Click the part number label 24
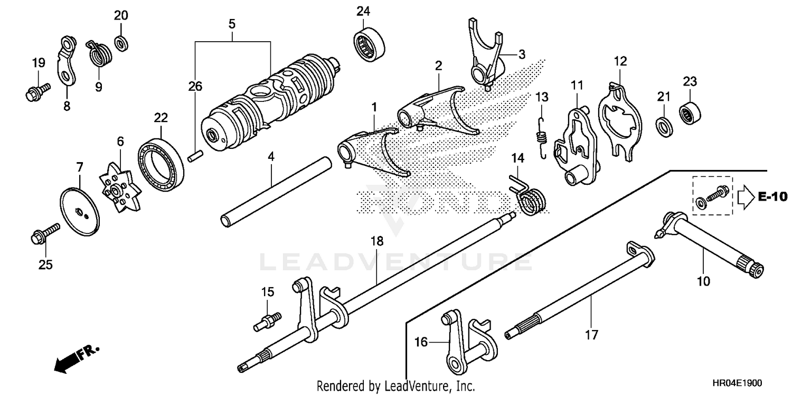tap(363, 11)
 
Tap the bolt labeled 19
tap(36, 91)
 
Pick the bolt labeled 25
tap(44, 235)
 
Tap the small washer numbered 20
tap(121, 42)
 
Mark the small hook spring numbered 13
tap(541, 137)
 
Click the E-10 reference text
tap(772, 196)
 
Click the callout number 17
tap(591, 334)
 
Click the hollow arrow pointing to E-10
tap(744, 196)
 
